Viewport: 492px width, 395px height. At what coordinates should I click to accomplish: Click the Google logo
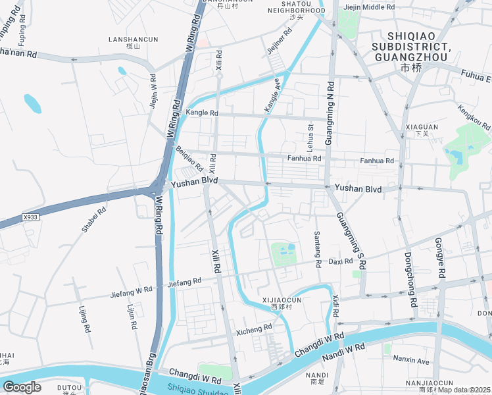tap(22, 387)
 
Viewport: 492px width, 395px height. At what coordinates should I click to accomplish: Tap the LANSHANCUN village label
tap(134, 39)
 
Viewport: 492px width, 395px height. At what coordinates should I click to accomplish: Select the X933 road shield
tap(30, 217)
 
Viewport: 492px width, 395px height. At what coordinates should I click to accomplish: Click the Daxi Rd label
tap(341, 261)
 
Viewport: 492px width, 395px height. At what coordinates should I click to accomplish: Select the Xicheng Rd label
tap(254, 327)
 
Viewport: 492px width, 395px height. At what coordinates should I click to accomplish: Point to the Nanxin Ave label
tap(410, 361)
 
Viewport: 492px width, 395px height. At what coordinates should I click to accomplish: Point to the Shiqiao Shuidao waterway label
tap(197, 390)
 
